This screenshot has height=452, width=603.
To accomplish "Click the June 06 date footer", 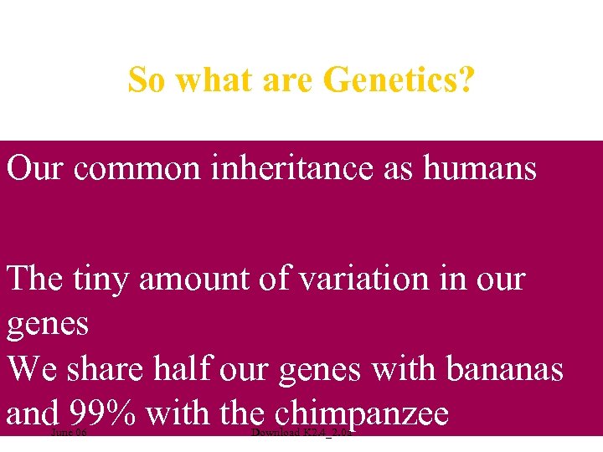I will pos(69,434).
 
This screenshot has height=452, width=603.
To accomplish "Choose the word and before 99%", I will pos(31,413).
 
